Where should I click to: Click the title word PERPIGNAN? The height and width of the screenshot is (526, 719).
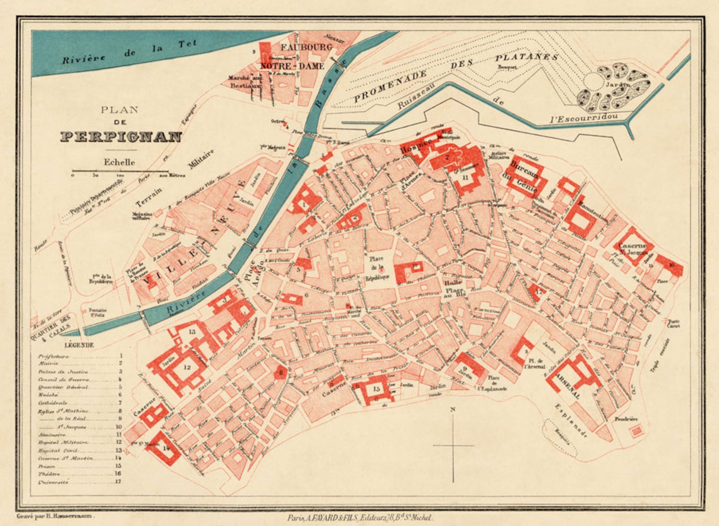point(121,137)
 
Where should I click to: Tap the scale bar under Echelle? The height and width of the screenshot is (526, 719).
point(120,172)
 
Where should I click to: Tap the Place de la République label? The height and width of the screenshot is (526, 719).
point(376,268)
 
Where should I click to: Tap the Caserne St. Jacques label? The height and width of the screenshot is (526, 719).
point(633,248)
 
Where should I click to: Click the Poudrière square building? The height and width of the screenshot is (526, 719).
point(637,431)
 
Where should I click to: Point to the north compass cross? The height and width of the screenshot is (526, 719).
point(453,445)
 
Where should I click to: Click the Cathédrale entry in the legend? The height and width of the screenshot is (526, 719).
point(53,403)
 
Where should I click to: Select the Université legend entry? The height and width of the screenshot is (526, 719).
point(53,482)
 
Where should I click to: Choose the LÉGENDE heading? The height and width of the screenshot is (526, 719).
point(79,345)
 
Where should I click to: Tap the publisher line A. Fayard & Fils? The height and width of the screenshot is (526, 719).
point(360,518)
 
